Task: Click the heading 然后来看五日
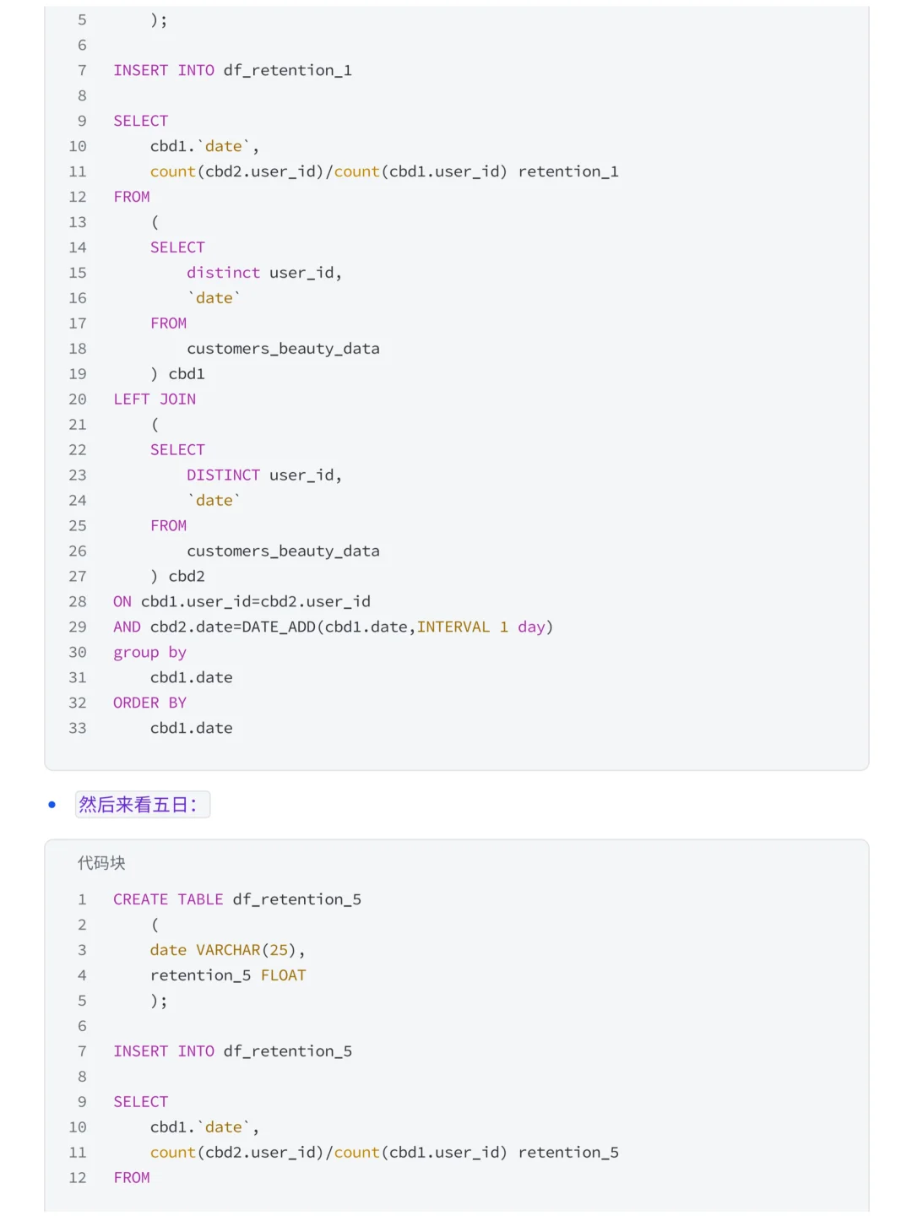pyautogui.click(x=138, y=804)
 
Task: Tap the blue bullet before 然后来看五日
pyautogui.click(x=52, y=805)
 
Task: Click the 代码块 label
pyautogui.click(x=101, y=862)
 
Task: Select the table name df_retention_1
pyautogui.click(x=287, y=70)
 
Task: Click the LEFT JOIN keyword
pyautogui.click(x=155, y=399)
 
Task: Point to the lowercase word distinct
pyautogui.click(x=223, y=273)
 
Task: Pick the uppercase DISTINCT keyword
pyautogui.click(x=223, y=475)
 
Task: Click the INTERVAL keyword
pyautogui.click(x=453, y=627)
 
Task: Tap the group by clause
pyautogui.click(x=150, y=653)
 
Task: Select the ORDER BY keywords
pyautogui.click(x=150, y=703)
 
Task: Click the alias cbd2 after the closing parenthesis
pyautogui.click(x=187, y=576)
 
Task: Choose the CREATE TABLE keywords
pyautogui.click(x=168, y=899)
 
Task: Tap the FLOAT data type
pyautogui.click(x=283, y=975)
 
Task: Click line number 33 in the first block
pyautogui.click(x=78, y=728)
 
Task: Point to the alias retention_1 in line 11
pyautogui.click(x=568, y=171)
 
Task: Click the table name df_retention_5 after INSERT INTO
pyautogui.click(x=287, y=1051)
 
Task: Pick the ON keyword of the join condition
pyautogui.click(x=122, y=601)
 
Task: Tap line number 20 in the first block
pyautogui.click(x=78, y=399)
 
